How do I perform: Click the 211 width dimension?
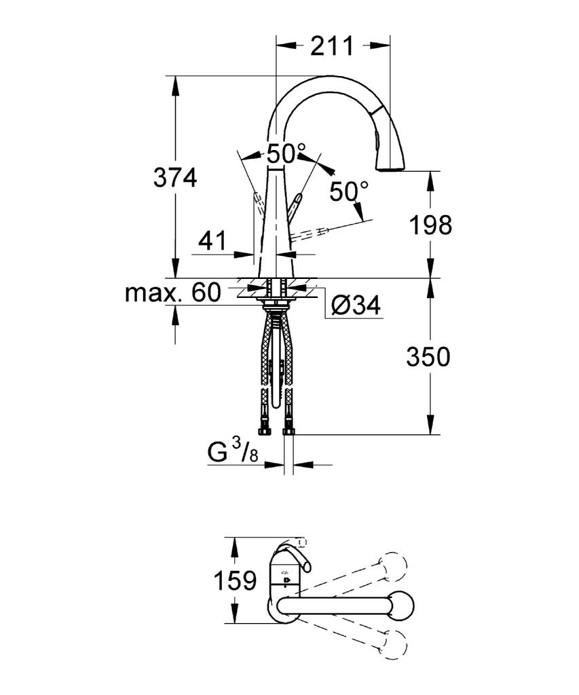[x=332, y=45]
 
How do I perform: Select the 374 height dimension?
[x=175, y=177]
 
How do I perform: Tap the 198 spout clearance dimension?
[x=430, y=225]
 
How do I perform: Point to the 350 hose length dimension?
[x=428, y=357]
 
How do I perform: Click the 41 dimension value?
[x=212, y=240]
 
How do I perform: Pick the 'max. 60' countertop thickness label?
[x=173, y=293]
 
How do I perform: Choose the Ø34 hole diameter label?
[x=356, y=305]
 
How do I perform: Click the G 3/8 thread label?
[x=232, y=453]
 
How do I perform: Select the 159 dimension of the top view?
[x=235, y=580]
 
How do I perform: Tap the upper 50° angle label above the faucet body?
[x=286, y=154]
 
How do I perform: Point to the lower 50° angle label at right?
[x=349, y=192]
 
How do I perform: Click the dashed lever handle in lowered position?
[x=310, y=233]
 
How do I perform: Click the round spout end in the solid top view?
[x=400, y=603]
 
